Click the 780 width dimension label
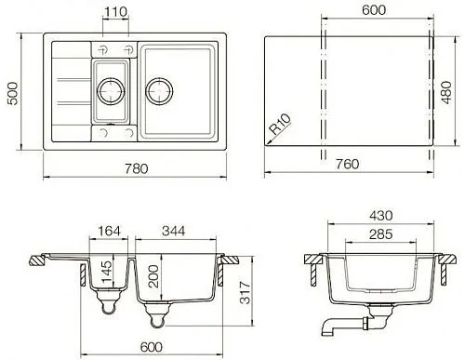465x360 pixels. click(137, 168)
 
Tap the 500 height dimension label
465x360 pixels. click(13, 93)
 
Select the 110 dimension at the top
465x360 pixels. click(115, 12)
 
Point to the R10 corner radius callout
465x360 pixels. click(281, 124)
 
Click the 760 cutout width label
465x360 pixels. click(348, 164)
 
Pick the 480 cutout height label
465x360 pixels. click(446, 92)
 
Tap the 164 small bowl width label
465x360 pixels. click(109, 231)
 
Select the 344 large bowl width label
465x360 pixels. click(174, 231)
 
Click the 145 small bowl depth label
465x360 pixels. click(106, 272)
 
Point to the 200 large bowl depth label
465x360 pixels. click(153, 276)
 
